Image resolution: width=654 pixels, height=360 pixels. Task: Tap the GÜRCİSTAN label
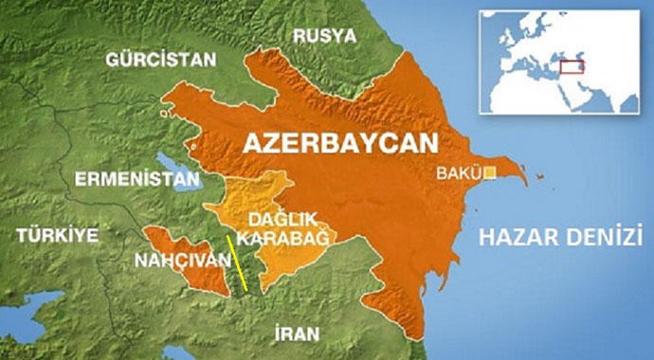161,59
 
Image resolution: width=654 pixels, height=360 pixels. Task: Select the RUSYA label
325,36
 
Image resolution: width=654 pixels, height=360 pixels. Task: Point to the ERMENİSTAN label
138,178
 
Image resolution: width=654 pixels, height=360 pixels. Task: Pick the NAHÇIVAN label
182,257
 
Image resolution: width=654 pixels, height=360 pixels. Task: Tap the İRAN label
293,333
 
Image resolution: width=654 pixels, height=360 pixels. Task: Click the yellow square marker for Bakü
490,173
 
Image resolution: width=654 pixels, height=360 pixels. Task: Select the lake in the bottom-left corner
28,308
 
